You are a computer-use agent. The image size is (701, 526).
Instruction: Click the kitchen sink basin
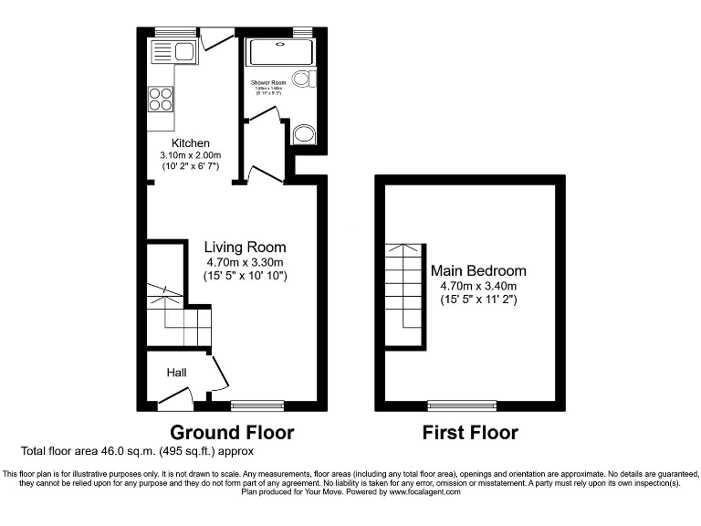click(x=183, y=49)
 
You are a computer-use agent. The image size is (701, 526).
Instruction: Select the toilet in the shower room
click(x=301, y=79)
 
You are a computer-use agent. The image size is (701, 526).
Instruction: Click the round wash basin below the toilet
click(x=303, y=135)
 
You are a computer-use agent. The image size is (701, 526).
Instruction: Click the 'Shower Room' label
click(x=268, y=82)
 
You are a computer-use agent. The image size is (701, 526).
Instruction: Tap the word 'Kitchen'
click(x=192, y=143)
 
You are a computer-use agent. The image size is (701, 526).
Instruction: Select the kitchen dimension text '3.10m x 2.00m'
click(x=192, y=155)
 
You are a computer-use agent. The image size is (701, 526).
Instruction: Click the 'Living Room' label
click(x=245, y=247)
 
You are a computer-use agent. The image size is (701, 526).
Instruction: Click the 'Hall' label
click(x=176, y=373)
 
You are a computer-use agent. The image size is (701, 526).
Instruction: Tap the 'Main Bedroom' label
click(x=478, y=271)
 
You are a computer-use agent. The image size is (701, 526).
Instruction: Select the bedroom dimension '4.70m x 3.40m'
click(x=478, y=286)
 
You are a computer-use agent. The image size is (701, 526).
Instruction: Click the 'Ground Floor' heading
click(x=233, y=432)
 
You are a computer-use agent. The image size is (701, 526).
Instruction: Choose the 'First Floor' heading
click(x=470, y=432)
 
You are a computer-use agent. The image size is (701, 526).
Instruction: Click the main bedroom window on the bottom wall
click(x=463, y=404)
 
